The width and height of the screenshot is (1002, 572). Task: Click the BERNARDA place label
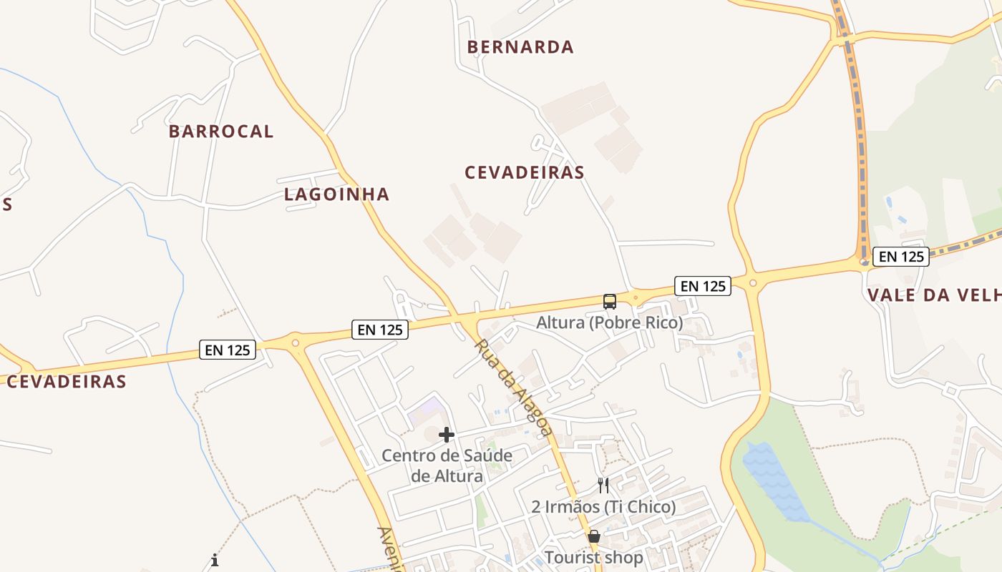coord(520,47)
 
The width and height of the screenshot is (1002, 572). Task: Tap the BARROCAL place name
coord(221,132)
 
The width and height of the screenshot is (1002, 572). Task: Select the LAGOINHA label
coord(336,194)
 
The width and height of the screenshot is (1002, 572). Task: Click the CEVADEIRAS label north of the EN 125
coord(525,173)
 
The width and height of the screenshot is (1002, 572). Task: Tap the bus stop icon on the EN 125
coord(610,302)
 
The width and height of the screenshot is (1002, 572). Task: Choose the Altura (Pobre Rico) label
coord(610,323)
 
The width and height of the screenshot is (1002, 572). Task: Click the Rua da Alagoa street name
coord(513,387)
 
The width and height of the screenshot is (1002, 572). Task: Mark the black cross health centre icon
coord(447,435)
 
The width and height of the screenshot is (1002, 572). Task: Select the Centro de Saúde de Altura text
coord(447,466)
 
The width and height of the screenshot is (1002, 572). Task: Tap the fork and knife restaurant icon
coord(603,486)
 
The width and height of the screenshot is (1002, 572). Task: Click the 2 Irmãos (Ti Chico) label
coord(603,507)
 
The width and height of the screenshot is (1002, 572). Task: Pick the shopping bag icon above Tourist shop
coord(593,536)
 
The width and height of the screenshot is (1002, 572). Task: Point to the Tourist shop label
coord(593,557)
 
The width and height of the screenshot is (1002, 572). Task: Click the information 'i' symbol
coord(215,560)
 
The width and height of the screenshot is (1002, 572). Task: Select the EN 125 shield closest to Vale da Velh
coord(902,257)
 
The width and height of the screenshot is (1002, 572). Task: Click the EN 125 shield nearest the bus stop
coord(703,286)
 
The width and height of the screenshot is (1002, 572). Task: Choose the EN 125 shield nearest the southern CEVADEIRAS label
coord(228,350)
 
